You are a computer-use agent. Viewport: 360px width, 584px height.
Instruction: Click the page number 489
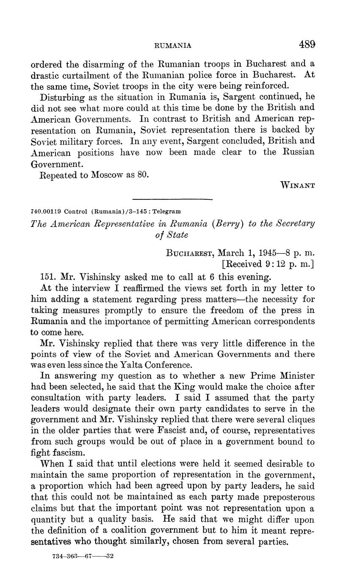307,44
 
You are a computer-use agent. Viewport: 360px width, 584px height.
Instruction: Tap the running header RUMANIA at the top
174,45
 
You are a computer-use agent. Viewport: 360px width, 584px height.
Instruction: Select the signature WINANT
298,185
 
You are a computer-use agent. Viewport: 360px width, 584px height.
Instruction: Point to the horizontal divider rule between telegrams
172,199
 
